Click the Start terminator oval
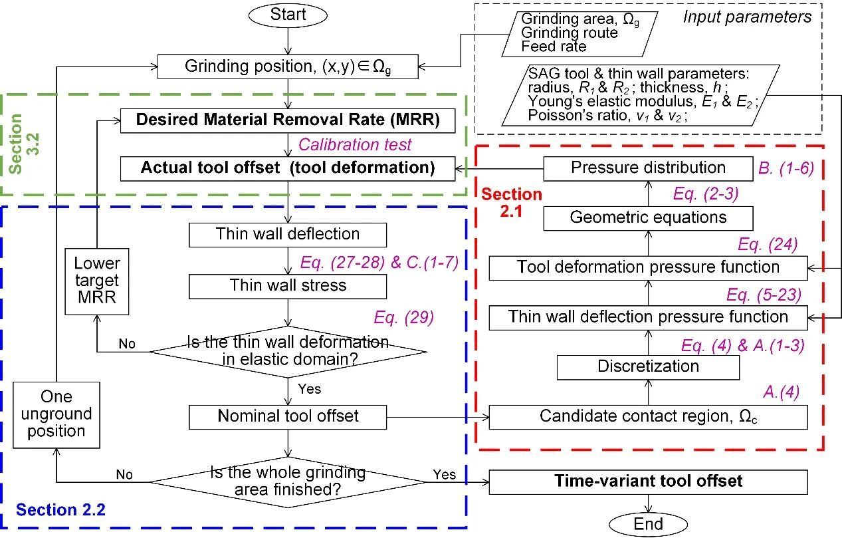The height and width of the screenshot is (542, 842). tap(288, 15)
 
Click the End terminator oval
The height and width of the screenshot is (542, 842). tap(648, 524)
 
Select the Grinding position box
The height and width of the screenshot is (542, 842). tap(288, 66)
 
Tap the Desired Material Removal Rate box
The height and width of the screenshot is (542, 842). tap(288, 121)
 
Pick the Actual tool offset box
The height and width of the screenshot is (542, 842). tap(287, 168)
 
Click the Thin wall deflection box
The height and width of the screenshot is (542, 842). tap(288, 234)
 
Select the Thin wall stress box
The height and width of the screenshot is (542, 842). tap(288, 286)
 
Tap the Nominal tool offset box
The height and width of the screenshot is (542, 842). tap(288, 417)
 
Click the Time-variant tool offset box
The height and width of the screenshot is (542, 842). tap(648, 481)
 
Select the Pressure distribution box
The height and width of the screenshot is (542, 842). tap(648, 168)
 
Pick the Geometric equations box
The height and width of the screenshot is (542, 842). tap(648, 217)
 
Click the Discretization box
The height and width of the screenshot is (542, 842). tap(648, 366)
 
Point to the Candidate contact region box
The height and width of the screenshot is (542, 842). tap(648, 417)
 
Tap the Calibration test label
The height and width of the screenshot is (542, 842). tap(355, 144)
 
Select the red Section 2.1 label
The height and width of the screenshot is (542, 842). tap(512, 202)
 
